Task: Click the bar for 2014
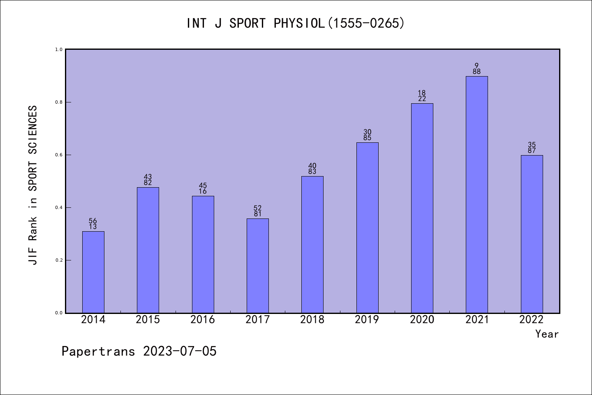(93, 272)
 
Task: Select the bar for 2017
(258, 265)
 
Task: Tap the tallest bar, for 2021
(477, 194)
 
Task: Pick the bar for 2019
(367, 228)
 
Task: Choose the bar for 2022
(532, 234)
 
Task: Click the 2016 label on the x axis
(203, 320)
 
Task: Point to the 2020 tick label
(422, 320)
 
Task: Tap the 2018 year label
(312, 320)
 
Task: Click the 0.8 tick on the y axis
(59, 102)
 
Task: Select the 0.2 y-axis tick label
(59, 260)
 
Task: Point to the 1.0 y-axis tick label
(59, 49)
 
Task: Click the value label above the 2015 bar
(148, 180)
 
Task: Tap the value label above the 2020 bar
(422, 96)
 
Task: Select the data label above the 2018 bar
(312, 169)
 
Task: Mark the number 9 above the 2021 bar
(477, 66)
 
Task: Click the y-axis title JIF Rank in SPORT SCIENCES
(33, 185)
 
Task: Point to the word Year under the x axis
(547, 334)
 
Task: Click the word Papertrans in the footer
(98, 351)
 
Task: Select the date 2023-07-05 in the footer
(180, 351)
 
